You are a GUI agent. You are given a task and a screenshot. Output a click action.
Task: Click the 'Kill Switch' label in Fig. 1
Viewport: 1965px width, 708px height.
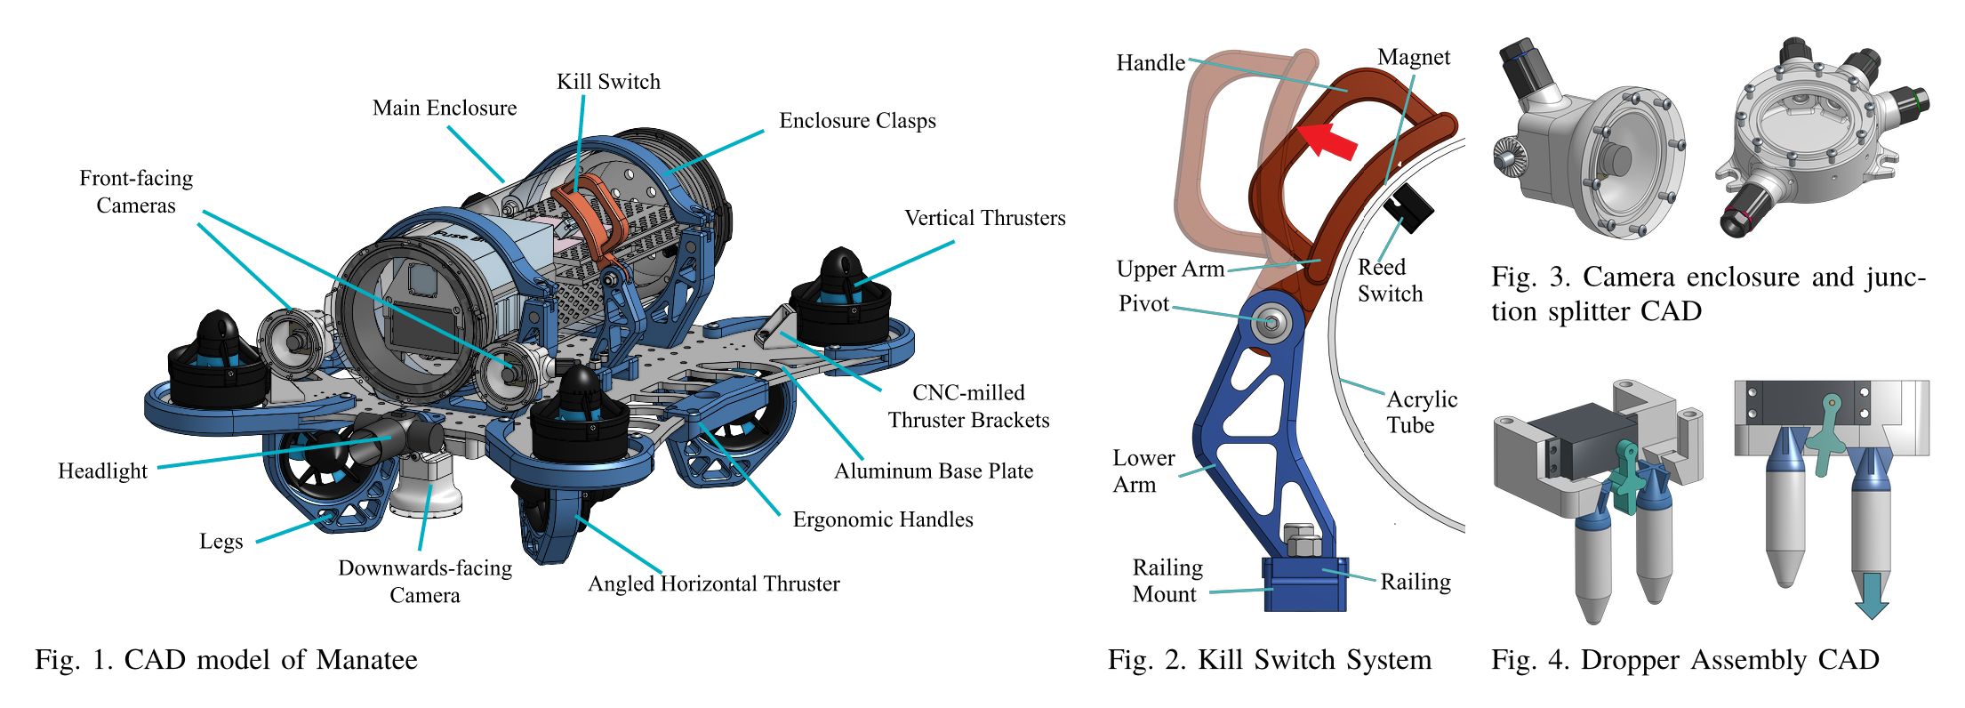608,82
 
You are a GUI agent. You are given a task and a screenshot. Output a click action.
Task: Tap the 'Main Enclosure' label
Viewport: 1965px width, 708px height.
445,109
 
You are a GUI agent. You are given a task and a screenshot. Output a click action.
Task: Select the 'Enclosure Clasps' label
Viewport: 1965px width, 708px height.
857,121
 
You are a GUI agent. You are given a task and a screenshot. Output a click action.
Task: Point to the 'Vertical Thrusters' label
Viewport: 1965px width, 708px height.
984,218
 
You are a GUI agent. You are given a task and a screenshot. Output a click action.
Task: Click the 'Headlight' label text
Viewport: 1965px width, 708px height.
103,471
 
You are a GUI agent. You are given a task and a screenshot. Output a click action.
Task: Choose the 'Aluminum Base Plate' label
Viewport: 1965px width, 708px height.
934,471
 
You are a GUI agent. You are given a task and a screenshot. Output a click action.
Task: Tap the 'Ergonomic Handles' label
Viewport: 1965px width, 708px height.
883,519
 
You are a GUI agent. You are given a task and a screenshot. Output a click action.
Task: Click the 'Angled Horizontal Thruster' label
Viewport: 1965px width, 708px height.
714,583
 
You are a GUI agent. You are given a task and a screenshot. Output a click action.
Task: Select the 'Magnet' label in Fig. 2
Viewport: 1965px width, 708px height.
1414,58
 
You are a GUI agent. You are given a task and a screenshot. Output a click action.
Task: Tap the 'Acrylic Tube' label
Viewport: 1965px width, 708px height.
1422,412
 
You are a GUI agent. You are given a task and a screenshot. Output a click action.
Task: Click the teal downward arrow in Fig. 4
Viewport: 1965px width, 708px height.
1871,596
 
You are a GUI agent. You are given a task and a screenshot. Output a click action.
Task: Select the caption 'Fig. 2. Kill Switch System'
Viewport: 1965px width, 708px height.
1270,660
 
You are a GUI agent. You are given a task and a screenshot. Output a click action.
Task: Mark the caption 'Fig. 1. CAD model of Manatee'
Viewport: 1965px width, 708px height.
226,660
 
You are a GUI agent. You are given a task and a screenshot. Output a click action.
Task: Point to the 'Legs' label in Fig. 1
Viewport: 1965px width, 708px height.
221,542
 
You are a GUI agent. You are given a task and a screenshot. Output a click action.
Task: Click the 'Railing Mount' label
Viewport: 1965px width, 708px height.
1167,581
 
